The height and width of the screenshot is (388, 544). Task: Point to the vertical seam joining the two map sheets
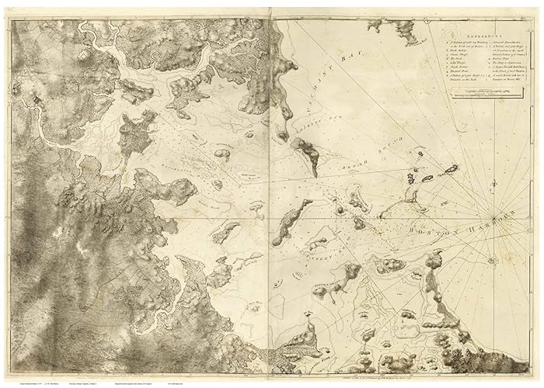pos(270,194)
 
